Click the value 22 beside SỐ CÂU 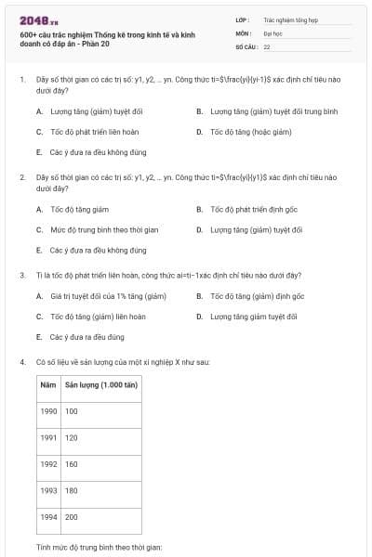[267, 45]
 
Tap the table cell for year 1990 [48, 410]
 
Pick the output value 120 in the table [72, 437]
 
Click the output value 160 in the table [72, 463]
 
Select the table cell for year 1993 [48, 490]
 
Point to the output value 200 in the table [72, 516]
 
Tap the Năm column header [48, 384]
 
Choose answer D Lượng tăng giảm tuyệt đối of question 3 [253, 317]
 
